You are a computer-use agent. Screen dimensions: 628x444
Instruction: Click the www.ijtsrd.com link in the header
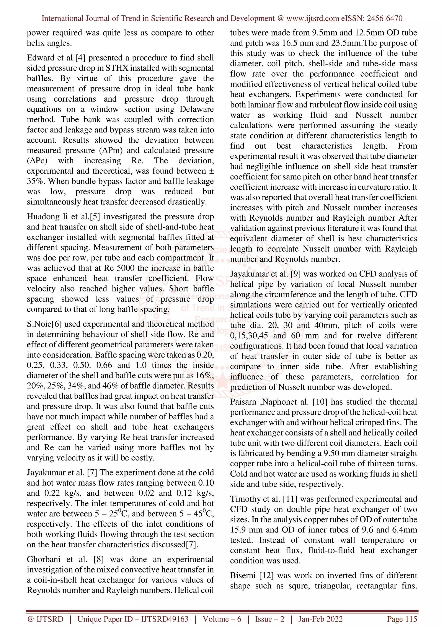tap(312, 18)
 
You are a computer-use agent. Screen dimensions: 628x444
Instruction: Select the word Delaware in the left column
tap(196, 109)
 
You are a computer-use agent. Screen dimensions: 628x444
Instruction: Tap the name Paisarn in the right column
tap(243, 402)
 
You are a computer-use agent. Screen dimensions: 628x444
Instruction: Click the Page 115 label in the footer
tap(402, 619)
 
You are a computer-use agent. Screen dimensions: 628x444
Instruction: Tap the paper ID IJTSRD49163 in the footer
tap(165, 619)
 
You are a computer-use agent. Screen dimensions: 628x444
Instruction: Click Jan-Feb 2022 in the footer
tap(320, 619)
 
